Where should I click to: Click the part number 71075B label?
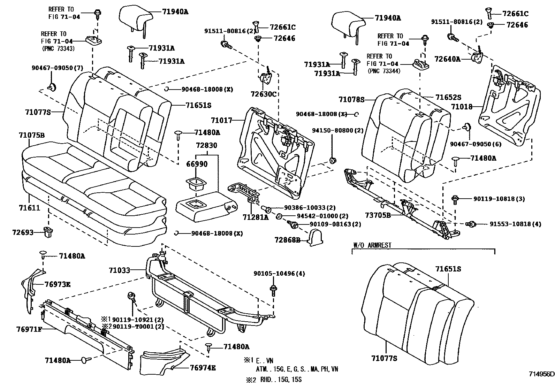pyautogui.click(x=31, y=135)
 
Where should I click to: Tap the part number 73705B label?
pyautogui.click(x=377, y=215)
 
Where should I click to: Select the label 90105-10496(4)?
pyautogui.click(x=279, y=274)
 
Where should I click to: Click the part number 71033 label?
pyautogui.click(x=119, y=270)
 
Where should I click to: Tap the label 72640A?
pyautogui.click(x=447, y=59)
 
